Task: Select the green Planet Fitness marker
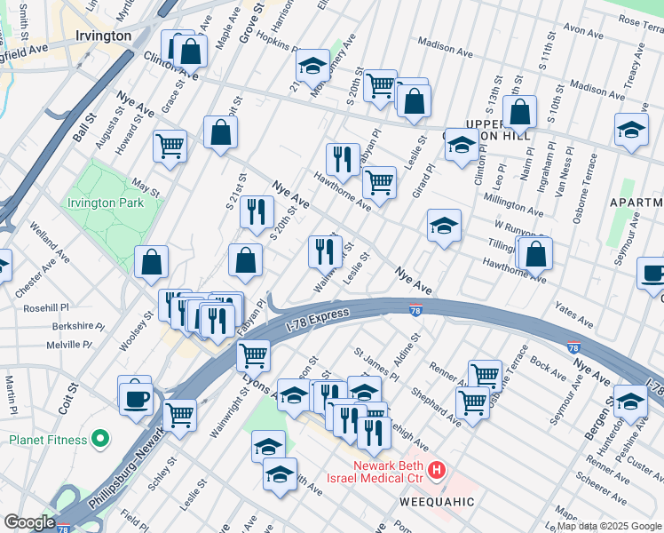(100, 439)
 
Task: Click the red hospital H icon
(436, 469)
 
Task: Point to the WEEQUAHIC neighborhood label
(438, 503)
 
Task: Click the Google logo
(29, 522)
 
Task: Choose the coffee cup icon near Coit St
(135, 398)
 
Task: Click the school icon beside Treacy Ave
(631, 131)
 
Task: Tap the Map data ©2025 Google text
(609, 526)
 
